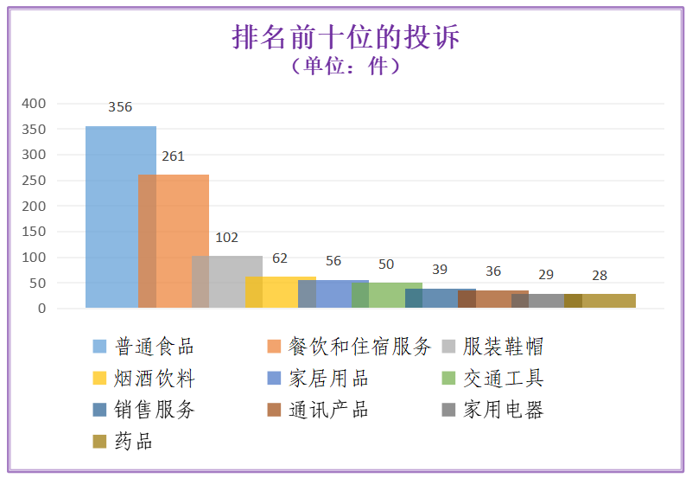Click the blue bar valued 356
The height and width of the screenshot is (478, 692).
coord(112,216)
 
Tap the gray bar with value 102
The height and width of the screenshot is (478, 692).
coord(229,281)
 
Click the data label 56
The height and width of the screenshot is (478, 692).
coord(333,262)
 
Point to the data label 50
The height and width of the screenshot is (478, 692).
coord(386,264)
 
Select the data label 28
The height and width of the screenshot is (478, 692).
coord(600,276)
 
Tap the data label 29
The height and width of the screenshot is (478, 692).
coord(546,275)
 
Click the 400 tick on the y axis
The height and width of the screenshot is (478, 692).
coord(34,104)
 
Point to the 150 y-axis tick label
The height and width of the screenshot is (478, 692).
coord(34,232)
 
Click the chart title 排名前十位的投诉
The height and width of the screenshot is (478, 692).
coord(346,37)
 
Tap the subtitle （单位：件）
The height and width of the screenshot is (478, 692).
coord(346,66)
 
